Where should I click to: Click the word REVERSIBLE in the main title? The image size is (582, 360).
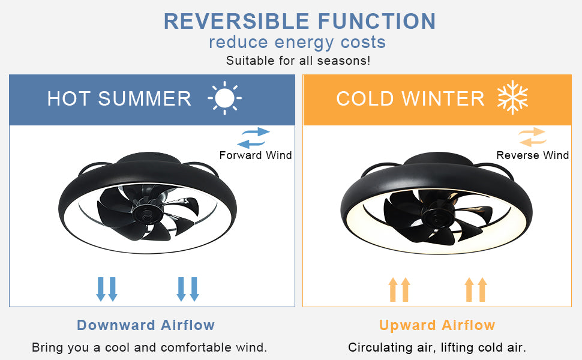pos(236,21)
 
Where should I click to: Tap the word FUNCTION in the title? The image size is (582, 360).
pos(377,21)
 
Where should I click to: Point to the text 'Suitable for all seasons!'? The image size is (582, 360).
pos(298,61)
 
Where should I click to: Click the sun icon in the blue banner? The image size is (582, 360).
pos(224,98)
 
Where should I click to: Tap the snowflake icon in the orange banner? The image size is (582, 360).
pos(512,97)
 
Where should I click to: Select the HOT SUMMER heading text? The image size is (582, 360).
pos(119,99)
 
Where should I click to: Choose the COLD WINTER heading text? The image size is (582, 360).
pos(410,99)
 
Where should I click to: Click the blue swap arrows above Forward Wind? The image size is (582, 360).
pos(254,137)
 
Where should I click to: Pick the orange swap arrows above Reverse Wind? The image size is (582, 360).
pos(532,137)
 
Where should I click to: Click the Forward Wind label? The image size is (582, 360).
pos(256,155)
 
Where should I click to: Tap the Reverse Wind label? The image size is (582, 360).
pos(533,155)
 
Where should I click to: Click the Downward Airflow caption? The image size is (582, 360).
pos(146,325)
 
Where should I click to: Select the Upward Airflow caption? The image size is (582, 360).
pos(437,325)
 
